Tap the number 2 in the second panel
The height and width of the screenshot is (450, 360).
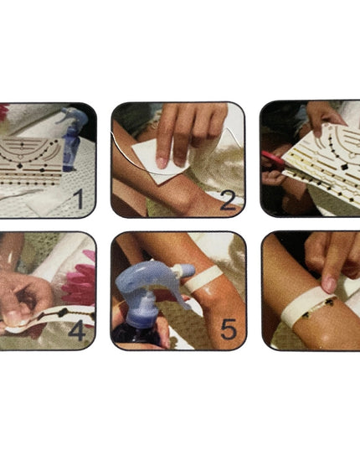(229, 200)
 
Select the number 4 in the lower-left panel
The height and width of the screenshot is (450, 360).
(77, 330)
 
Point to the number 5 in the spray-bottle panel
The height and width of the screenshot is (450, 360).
(229, 330)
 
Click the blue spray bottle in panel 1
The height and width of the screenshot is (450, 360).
(69, 139)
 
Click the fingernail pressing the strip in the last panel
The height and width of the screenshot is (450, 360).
(328, 285)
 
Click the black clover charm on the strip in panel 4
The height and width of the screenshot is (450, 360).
(62, 313)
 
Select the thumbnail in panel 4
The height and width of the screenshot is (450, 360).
(13, 317)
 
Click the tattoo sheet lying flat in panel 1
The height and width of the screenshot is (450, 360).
(32, 162)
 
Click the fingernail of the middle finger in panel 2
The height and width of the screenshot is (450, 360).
(161, 163)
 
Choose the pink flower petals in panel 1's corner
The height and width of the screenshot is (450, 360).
(4, 111)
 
